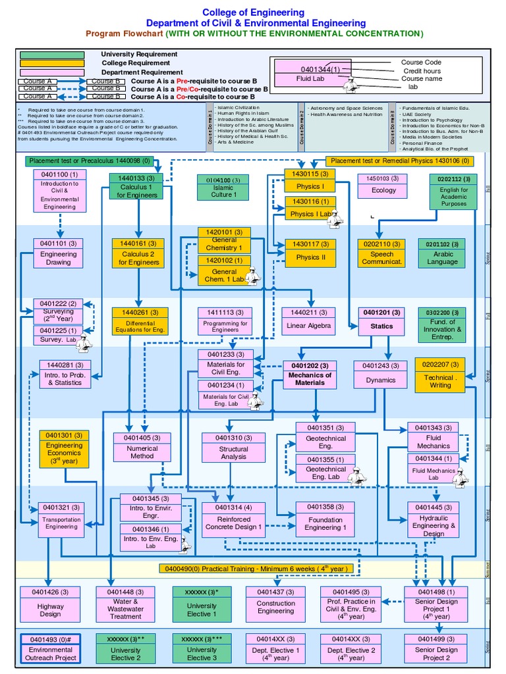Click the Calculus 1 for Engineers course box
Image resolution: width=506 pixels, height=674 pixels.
pos(136,187)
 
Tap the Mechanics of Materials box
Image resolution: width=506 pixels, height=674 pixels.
pos(310,375)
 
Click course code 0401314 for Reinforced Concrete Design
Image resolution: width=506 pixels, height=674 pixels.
pos(229,507)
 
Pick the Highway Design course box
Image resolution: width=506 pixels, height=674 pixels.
pos(51,605)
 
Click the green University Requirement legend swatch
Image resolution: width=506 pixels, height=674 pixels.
pos(52,55)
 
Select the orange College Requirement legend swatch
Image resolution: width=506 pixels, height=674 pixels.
pos(52,63)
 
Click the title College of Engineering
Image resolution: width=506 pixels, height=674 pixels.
pos(253,13)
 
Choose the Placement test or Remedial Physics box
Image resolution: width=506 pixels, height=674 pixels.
pos(400,161)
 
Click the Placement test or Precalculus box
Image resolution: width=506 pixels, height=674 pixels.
pos(90,161)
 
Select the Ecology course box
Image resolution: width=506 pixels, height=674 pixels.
pos(383,186)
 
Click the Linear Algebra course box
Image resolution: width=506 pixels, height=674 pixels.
pos(309,321)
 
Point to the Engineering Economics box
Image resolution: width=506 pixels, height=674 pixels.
pos(65,449)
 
